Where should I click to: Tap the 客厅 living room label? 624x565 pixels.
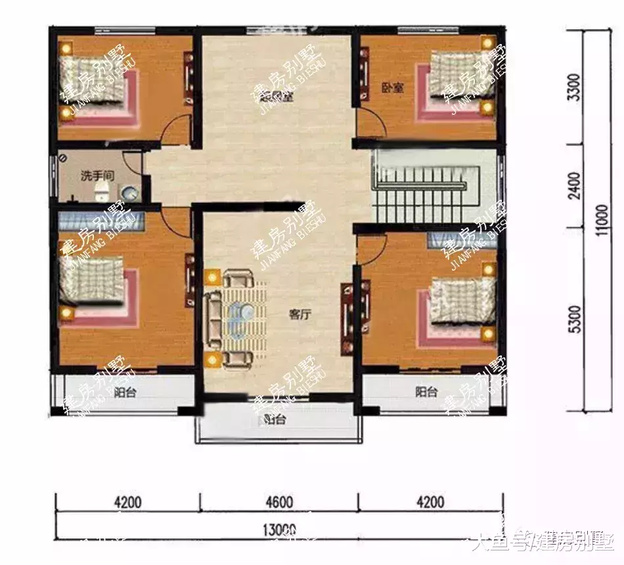click(x=299, y=314)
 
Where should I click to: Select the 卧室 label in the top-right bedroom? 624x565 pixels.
click(x=392, y=87)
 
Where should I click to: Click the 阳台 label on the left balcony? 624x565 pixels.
click(x=124, y=393)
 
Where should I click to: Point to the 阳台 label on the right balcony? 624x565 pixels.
click(x=426, y=392)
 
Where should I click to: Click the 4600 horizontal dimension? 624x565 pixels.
click(x=279, y=503)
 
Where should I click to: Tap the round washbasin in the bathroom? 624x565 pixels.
click(x=130, y=192)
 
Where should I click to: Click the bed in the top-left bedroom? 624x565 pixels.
click(x=95, y=85)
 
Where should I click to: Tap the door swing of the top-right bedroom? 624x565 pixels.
click(x=370, y=122)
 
